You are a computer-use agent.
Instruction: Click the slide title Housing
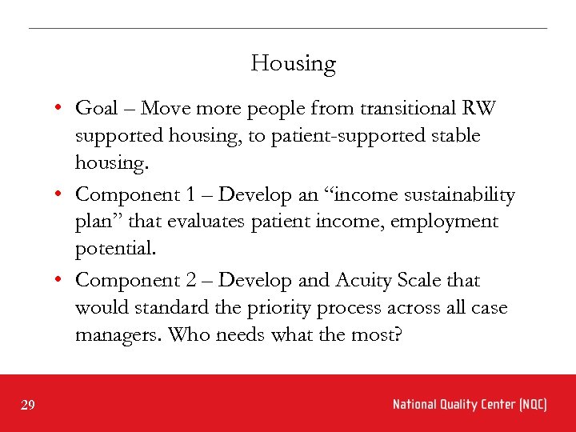[x=293, y=64]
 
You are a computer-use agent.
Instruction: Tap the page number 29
[x=28, y=406]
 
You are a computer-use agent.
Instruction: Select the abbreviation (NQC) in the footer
[x=532, y=405]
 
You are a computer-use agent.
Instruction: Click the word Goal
[x=97, y=108]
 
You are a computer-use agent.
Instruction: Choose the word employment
[x=452, y=222]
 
